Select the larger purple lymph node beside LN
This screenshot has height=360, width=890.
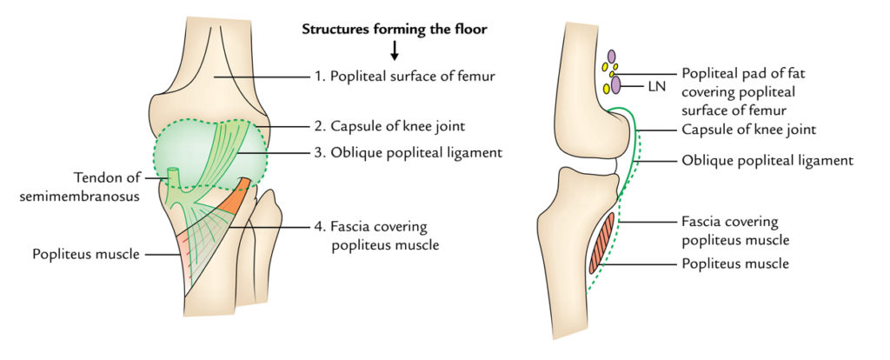click(x=615, y=85)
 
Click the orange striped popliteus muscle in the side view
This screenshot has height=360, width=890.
click(x=601, y=243)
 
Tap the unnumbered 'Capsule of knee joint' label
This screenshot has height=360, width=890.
click(x=747, y=130)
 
